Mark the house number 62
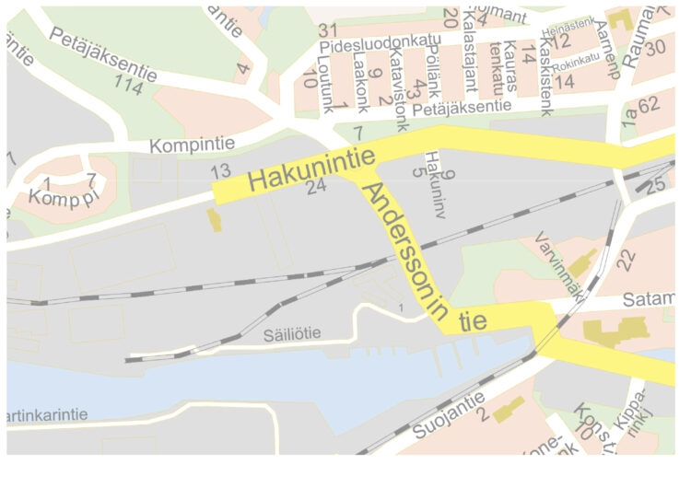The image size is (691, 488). tap(648, 104)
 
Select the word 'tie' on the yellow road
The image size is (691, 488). tap(473, 321)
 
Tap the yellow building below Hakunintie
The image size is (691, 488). tap(215, 220)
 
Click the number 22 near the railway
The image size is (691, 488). tap(627, 260)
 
